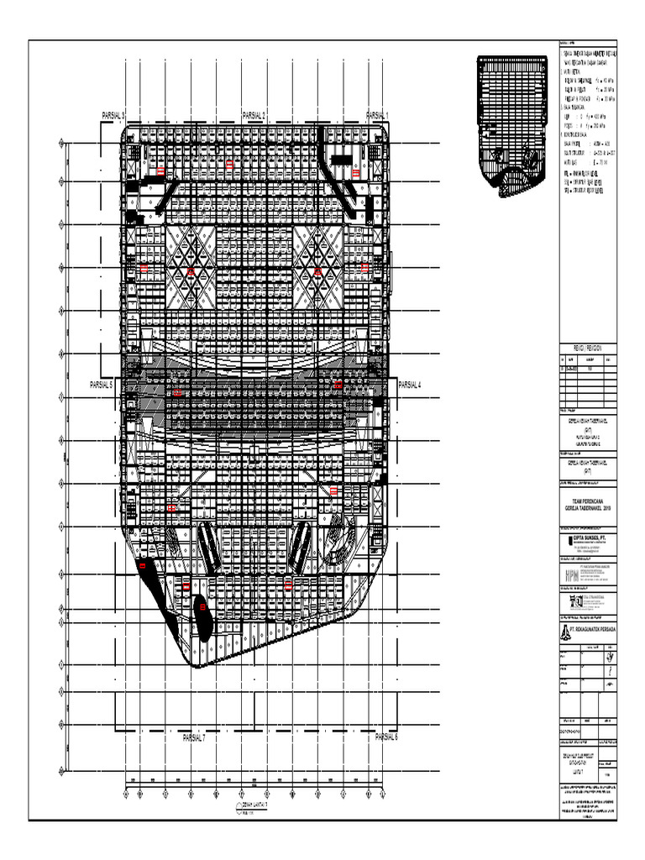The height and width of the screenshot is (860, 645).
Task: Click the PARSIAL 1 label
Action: [x=379, y=115]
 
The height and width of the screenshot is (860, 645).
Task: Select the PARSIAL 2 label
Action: [x=254, y=115]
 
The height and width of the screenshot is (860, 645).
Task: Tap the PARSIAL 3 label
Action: [x=113, y=115]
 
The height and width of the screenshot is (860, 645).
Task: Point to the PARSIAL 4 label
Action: [x=409, y=385]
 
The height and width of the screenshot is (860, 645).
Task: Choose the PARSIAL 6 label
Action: [x=386, y=737]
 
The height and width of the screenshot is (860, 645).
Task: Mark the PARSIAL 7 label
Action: [x=193, y=738]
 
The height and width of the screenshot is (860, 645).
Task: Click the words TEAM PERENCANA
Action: [x=587, y=500]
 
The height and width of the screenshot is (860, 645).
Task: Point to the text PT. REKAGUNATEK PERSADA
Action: [x=593, y=629]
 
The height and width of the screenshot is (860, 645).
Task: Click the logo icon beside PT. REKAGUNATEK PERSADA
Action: [x=564, y=629]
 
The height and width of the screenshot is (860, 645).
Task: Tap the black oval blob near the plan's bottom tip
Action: [x=202, y=618]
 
